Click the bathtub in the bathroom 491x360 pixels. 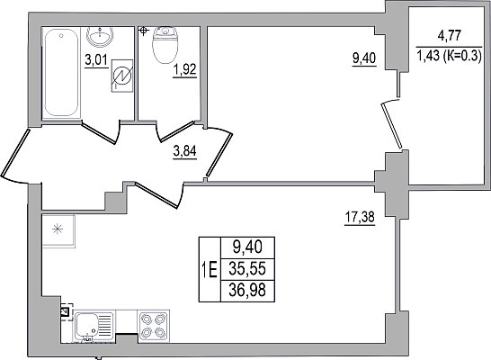click(x=61, y=73)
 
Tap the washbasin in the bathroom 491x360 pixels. click(x=100, y=37)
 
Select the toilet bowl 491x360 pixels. click(x=165, y=45)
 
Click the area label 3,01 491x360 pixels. click(x=96, y=60)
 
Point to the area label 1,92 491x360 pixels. click(x=184, y=70)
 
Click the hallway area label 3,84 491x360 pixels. click(x=184, y=151)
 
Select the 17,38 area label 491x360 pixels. click(x=360, y=217)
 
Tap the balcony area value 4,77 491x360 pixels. click(x=449, y=35)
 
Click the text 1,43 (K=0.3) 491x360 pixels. click(x=449, y=57)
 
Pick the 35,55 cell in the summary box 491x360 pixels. click(x=247, y=269)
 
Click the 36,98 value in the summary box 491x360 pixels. click(x=247, y=291)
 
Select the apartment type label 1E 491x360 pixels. click(x=210, y=269)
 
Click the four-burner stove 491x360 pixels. click(x=154, y=326)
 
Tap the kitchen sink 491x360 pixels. click(x=94, y=327)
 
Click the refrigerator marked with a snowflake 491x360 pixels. click(x=58, y=231)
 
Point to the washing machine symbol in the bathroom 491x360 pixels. click(x=122, y=76)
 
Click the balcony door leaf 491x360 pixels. click(x=391, y=125)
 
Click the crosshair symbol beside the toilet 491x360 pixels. click(x=143, y=31)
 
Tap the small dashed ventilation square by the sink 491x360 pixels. click(x=67, y=311)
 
